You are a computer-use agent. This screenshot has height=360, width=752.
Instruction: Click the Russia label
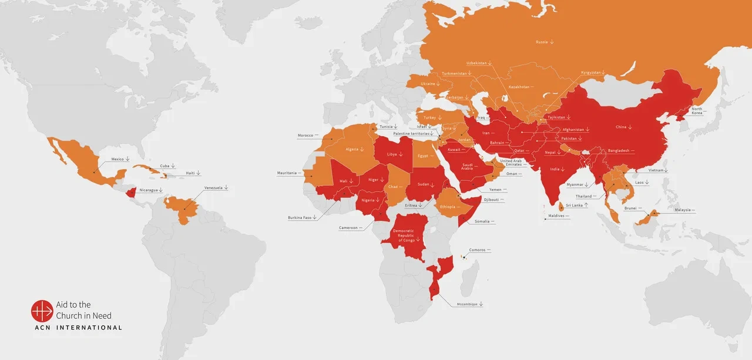[x=542, y=42]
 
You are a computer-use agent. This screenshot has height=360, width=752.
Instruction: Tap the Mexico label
[x=117, y=159]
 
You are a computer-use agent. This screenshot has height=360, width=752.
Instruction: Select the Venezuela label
[x=213, y=188]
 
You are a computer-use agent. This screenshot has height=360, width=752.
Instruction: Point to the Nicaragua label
[x=149, y=190]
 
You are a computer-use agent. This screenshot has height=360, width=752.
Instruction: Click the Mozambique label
[x=467, y=304]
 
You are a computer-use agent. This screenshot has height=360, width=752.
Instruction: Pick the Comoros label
[x=477, y=250]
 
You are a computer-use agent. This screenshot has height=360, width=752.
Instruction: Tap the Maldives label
[x=556, y=216]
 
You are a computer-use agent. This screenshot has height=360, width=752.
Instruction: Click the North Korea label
[x=697, y=111]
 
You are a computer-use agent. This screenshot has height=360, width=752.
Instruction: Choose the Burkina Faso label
[x=300, y=218]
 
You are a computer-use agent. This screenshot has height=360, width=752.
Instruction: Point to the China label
[x=621, y=127]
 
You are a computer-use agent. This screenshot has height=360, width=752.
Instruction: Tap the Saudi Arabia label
[x=468, y=167]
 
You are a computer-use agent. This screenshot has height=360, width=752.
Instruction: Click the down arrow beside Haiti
[x=199, y=173]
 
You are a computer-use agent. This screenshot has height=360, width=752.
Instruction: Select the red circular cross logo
[x=42, y=311]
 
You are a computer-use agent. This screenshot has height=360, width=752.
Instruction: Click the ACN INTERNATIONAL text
[x=77, y=328]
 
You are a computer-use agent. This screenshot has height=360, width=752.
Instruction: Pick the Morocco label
[x=305, y=136]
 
